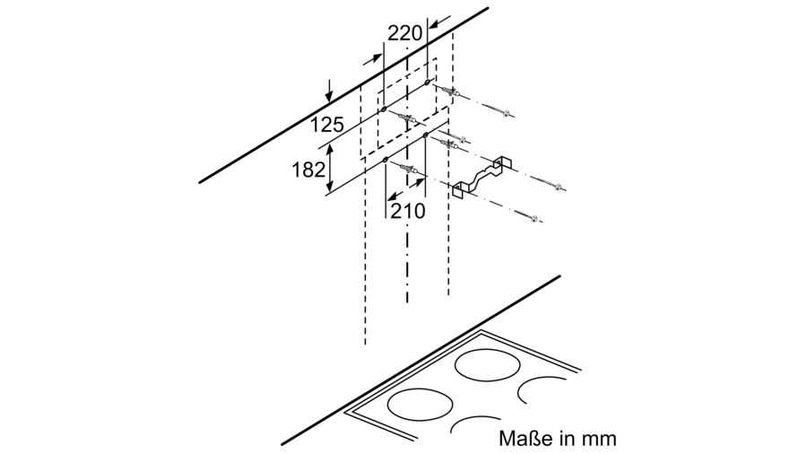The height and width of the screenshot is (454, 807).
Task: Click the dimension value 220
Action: (404, 34)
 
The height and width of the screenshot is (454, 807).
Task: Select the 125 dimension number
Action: (326, 125)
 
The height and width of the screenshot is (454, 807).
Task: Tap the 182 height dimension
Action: (308, 170)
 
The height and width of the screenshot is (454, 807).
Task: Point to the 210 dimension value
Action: (408, 211)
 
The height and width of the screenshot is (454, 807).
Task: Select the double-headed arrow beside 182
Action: (330, 169)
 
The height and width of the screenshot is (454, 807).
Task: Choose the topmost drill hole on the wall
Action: (427, 83)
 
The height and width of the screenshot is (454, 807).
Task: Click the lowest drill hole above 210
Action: (386, 161)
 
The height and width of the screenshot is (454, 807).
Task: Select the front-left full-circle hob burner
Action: (420, 405)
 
